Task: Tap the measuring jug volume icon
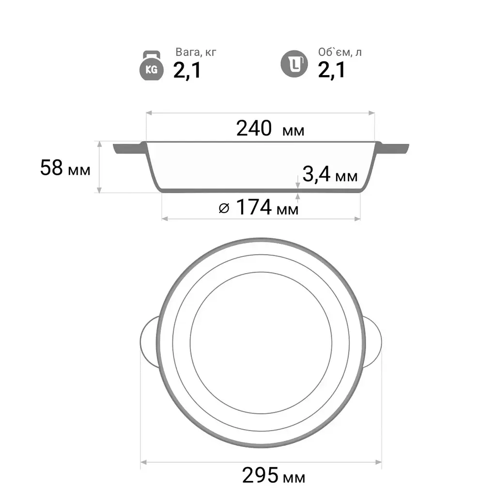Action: [294, 64]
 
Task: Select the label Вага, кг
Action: [196, 52]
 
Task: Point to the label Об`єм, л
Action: [340, 52]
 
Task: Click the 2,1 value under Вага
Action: [187, 70]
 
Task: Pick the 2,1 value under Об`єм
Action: [331, 70]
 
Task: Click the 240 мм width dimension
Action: [270, 128]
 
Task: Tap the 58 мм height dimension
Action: [65, 168]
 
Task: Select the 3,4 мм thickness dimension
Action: [330, 174]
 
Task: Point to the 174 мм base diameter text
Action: [267, 207]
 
